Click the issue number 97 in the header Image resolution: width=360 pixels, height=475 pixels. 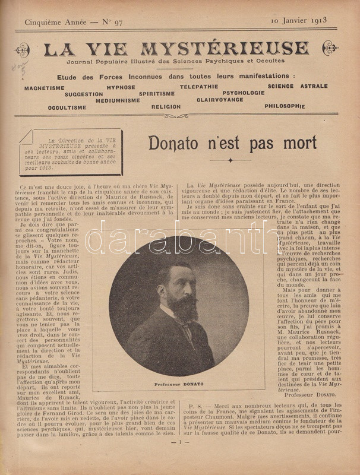pos(115,22)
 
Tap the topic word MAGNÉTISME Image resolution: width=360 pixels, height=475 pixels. pos(45,88)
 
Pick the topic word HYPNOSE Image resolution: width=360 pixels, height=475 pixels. pos(121,87)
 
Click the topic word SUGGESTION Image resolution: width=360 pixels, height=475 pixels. pos(84,94)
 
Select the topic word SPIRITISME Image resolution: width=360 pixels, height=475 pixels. pos(157,93)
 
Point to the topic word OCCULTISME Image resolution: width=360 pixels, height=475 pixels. pos(67,107)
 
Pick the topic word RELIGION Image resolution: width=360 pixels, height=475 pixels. pos(166,107)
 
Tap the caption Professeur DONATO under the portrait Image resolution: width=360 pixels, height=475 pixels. pos(179,384)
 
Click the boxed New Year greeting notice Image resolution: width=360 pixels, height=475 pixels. pos(71,153)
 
